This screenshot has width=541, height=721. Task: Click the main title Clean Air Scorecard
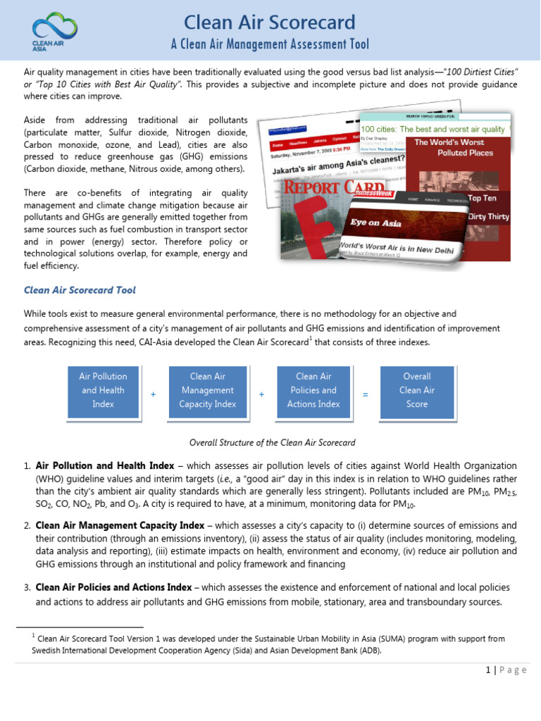coord(270,22)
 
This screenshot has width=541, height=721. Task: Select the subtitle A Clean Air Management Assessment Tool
coord(270,45)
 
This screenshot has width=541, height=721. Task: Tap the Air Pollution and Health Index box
coord(103,391)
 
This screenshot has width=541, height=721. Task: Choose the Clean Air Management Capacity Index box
coord(207,391)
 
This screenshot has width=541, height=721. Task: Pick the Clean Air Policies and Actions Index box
coord(312,391)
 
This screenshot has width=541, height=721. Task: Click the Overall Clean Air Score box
coord(416,391)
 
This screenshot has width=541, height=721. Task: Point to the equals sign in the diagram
coord(365,395)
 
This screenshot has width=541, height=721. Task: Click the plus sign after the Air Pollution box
coord(153,395)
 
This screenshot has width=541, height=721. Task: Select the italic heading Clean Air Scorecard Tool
coord(80,290)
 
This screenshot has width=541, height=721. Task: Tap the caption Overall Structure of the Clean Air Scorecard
coord(272,443)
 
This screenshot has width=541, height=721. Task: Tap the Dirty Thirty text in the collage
coord(490,217)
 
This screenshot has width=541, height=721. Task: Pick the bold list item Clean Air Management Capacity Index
coord(120,526)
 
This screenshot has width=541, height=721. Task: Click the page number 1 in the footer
coord(487,670)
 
